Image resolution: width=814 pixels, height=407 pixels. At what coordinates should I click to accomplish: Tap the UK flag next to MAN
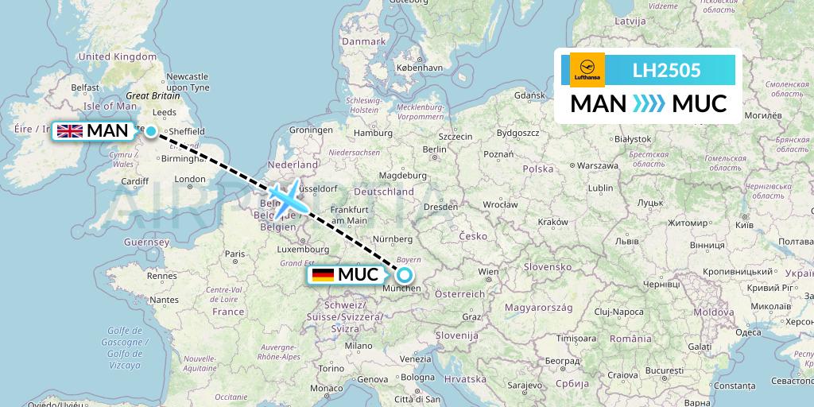click(x=70, y=130)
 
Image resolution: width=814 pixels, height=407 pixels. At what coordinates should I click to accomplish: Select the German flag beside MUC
click(x=323, y=275)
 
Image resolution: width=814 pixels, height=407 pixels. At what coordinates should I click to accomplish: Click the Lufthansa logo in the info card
click(x=587, y=70)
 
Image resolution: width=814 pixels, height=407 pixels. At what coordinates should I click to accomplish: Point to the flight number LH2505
click(x=666, y=71)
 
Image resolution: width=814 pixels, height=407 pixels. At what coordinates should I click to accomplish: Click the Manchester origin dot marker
click(x=151, y=131)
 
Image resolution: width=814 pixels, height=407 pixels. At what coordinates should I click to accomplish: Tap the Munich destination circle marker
click(x=405, y=275)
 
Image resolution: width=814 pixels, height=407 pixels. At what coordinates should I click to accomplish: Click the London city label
click(x=189, y=179)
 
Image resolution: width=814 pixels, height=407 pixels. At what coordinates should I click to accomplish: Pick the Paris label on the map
click(x=234, y=254)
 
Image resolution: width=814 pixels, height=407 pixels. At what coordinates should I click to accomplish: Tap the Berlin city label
click(x=435, y=149)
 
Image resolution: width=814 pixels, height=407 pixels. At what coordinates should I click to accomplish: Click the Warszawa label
click(x=598, y=165)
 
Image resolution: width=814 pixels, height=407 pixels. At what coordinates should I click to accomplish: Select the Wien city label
click(x=488, y=272)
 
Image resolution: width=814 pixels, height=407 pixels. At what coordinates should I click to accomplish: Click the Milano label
click(x=358, y=346)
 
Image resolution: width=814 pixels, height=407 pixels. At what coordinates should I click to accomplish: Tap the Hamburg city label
click(x=374, y=133)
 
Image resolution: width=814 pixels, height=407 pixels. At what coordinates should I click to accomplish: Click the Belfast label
click(x=85, y=87)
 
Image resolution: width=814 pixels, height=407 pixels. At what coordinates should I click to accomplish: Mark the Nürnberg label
click(x=393, y=238)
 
